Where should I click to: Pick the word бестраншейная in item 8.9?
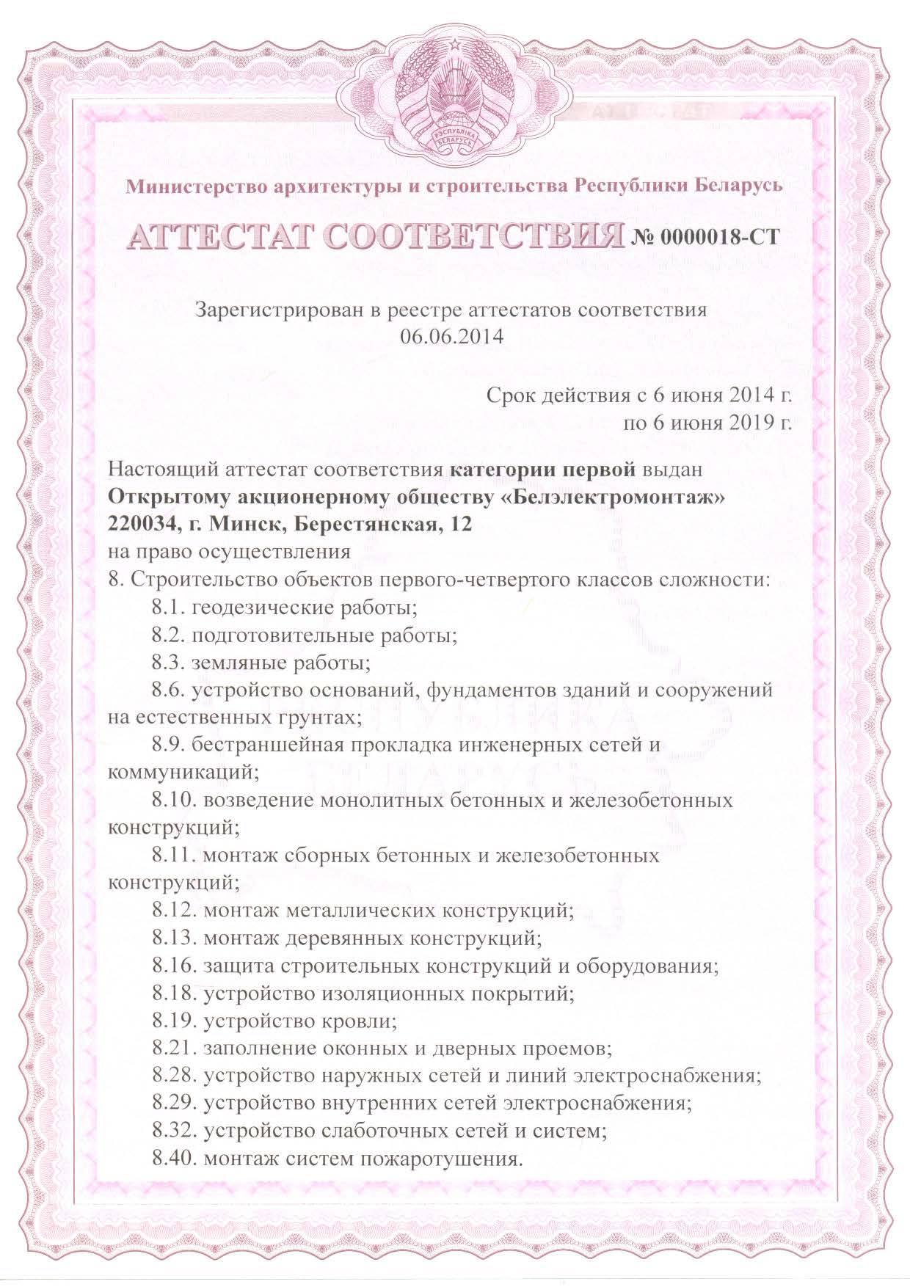point(268,745)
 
